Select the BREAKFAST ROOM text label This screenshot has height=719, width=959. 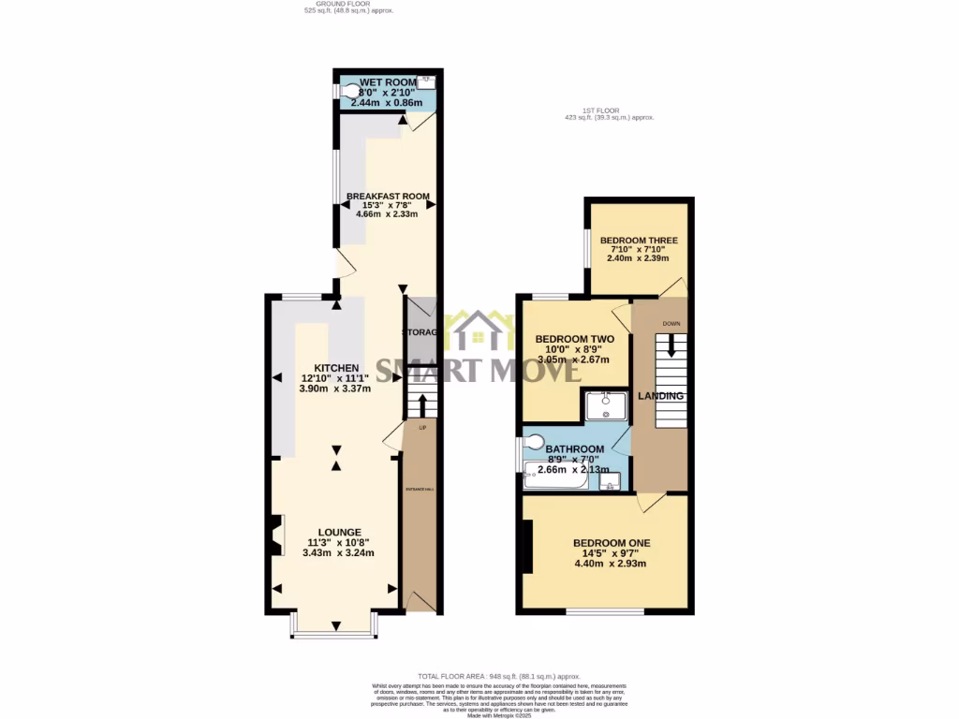[388, 197]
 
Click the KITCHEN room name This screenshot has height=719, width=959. [335, 367]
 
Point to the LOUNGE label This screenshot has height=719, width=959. [338, 533]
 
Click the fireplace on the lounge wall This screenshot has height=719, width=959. [276, 536]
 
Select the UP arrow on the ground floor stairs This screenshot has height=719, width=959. [421, 405]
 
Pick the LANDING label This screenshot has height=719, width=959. [661, 396]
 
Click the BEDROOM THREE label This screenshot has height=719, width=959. [639, 241]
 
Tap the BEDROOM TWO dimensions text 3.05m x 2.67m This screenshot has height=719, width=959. [573, 359]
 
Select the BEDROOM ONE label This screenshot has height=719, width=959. [612, 543]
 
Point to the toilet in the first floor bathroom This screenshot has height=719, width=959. [534, 442]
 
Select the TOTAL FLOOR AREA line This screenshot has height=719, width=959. [499, 676]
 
